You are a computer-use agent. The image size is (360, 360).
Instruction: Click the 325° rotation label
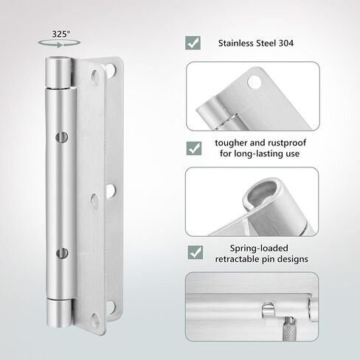61,34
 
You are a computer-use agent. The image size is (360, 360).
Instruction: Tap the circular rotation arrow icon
59,44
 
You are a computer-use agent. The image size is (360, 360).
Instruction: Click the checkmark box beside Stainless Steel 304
193,43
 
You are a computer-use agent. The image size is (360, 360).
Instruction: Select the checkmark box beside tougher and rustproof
194,148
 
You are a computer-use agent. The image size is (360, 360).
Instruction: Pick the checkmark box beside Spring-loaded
195,252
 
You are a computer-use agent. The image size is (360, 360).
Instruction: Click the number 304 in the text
286,44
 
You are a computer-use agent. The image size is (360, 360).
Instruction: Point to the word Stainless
236,44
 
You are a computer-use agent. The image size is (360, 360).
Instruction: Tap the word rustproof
287,143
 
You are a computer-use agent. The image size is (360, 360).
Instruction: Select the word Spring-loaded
259,249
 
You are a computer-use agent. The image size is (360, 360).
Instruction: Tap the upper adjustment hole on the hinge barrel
61,137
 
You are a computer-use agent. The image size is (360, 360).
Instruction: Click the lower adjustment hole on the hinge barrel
62,254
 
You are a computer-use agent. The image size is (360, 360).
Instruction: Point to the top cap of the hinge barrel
59,72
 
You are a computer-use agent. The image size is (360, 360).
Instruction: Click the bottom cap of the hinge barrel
59,313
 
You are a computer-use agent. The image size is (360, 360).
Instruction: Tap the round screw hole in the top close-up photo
255,83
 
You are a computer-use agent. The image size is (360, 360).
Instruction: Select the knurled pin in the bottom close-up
290,329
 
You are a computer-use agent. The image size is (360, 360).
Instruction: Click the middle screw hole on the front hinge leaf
94,201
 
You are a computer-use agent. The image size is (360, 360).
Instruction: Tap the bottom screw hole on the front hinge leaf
94,320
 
